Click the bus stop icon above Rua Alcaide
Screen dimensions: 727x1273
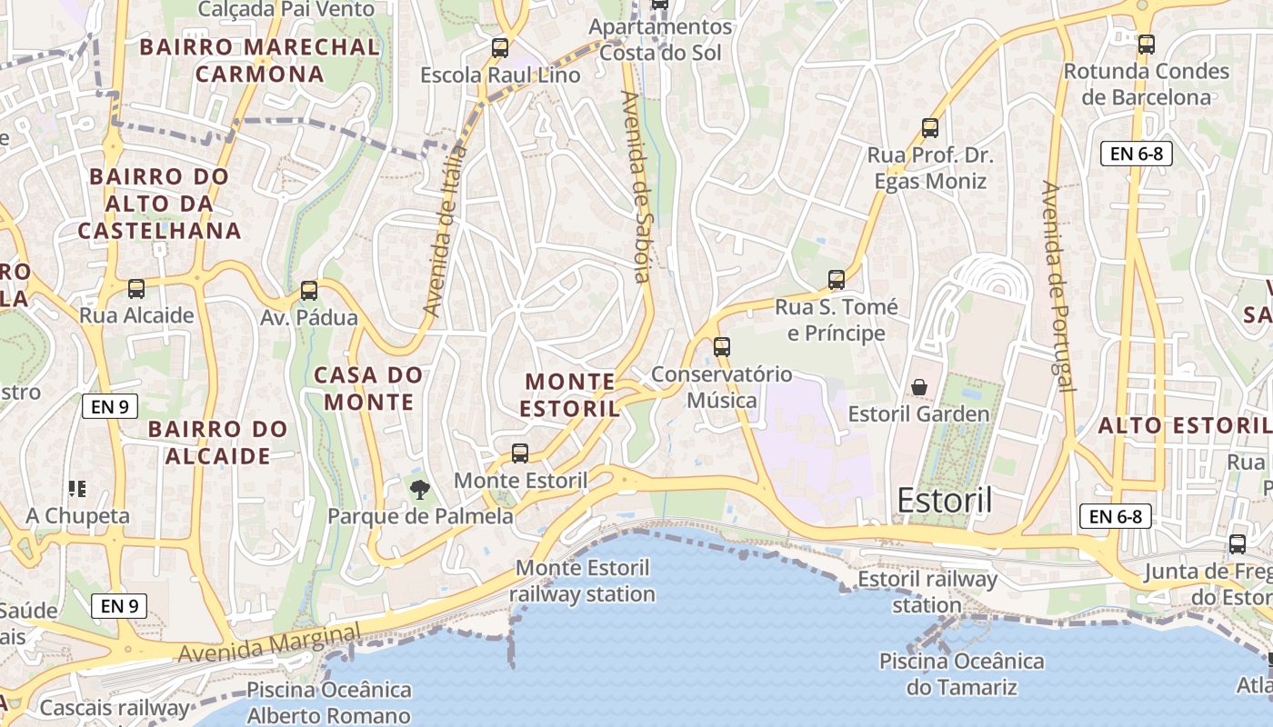(136, 289)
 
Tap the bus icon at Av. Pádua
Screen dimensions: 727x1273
(309, 291)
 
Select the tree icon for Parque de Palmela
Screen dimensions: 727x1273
(419, 491)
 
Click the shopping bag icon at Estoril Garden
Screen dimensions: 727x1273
(919, 387)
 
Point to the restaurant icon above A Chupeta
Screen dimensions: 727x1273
(77, 489)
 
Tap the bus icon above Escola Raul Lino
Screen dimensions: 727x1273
(499, 48)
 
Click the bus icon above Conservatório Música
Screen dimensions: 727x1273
(721, 346)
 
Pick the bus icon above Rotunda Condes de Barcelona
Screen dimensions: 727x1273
(1146, 44)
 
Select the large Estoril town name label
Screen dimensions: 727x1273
(944, 500)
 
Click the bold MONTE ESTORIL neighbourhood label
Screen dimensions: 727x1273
(570, 394)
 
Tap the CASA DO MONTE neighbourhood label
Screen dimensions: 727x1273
(369, 388)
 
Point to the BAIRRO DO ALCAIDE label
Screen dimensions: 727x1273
(217, 442)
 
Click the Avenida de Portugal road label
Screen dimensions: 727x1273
(1057, 286)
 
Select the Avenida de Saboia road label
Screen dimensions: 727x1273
(636, 186)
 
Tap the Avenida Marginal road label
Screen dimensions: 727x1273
(269, 642)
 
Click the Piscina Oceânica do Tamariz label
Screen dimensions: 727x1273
(961, 673)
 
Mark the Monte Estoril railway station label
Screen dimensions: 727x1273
(582, 582)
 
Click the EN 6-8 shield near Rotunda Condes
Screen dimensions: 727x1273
(1137, 154)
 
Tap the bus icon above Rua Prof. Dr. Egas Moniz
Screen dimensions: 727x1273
(929, 128)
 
